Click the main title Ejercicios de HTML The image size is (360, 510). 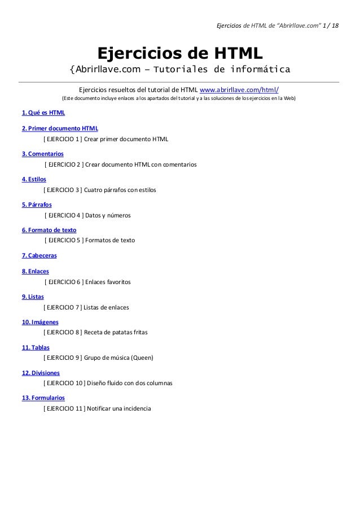180,53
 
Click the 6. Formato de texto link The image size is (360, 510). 49,230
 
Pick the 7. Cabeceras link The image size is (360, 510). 39,256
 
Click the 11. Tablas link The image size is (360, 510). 35,347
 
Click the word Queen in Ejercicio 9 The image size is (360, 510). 142,358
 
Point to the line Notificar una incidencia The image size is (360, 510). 121,408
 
